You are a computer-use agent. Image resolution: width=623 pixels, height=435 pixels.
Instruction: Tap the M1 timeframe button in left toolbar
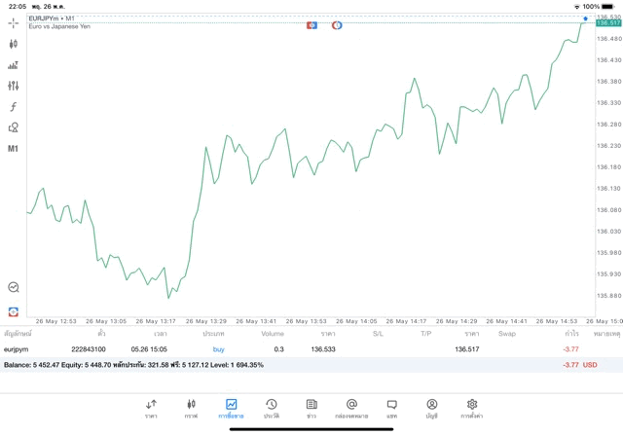(x=13, y=149)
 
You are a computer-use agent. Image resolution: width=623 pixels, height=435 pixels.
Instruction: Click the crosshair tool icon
(x=13, y=21)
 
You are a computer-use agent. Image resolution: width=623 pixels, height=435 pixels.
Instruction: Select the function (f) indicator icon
(x=13, y=106)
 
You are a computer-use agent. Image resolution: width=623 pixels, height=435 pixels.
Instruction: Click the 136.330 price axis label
(x=607, y=103)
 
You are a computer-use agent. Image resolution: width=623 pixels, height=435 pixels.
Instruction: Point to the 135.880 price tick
(x=607, y=296)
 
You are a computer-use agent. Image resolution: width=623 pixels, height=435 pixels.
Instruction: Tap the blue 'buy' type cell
(x=218, y=348)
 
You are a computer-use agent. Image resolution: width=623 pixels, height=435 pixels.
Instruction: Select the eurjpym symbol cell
(x=18, y=348)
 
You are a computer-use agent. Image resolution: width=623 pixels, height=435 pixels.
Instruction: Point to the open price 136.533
(x=323, y=348)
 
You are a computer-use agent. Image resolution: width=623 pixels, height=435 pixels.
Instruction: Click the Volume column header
(x=273, y=334)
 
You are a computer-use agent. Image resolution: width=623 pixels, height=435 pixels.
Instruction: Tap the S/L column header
(x=378, y=334)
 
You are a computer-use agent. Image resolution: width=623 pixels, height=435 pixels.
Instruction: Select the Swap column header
(x=507, y=334)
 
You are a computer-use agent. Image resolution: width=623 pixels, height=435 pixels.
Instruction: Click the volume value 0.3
(x=278, y=348)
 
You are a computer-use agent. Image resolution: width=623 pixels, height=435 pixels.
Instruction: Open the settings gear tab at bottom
(x=472, y=408)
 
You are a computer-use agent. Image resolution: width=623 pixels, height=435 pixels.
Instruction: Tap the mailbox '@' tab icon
(x=351, y=408)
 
